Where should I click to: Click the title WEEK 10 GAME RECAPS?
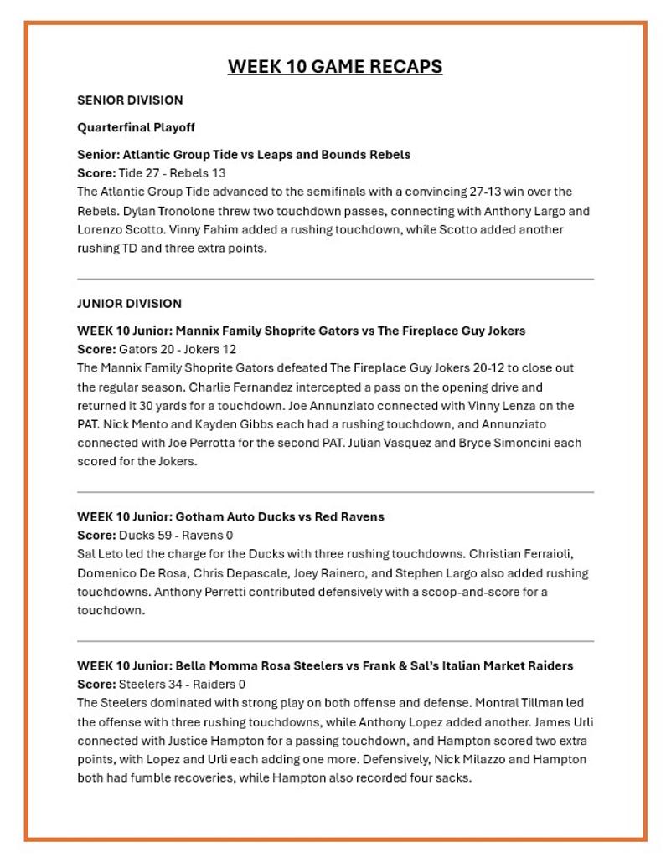pos(334,67)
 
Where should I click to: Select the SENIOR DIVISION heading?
pos(130,100)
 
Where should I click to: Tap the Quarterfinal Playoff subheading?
pos(136,127)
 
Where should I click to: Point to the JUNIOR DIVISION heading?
pos(129,304)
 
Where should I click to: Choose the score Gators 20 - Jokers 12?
pos(178,349)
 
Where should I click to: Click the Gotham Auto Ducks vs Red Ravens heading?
pos(230,517)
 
